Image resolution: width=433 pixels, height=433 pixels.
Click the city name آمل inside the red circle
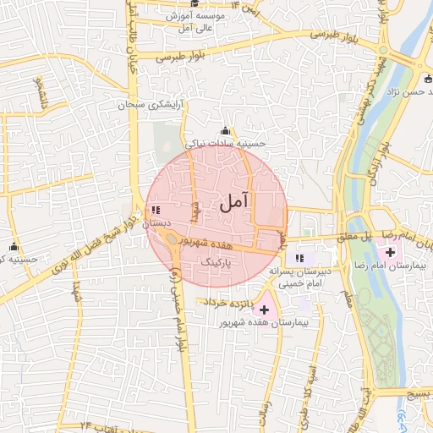point(234,202)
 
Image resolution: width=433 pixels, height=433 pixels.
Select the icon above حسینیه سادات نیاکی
point(225,131)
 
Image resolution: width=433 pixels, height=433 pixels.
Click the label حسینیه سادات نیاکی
point(225,144)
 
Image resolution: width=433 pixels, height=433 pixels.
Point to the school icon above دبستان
point(155,210)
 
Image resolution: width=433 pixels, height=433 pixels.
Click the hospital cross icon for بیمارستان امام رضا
point(391,251)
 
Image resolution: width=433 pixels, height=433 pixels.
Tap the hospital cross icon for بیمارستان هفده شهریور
point(264,310)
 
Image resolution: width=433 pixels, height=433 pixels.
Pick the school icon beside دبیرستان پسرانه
point(299,258)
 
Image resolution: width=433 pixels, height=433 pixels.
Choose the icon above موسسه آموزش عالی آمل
point(195,4)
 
